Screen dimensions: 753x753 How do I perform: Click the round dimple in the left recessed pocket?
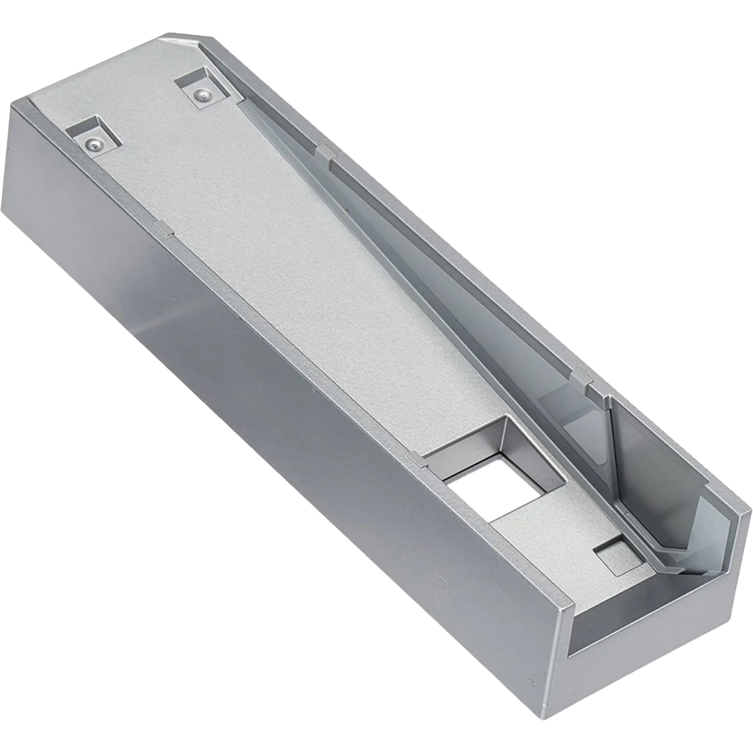tap(92, 143)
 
